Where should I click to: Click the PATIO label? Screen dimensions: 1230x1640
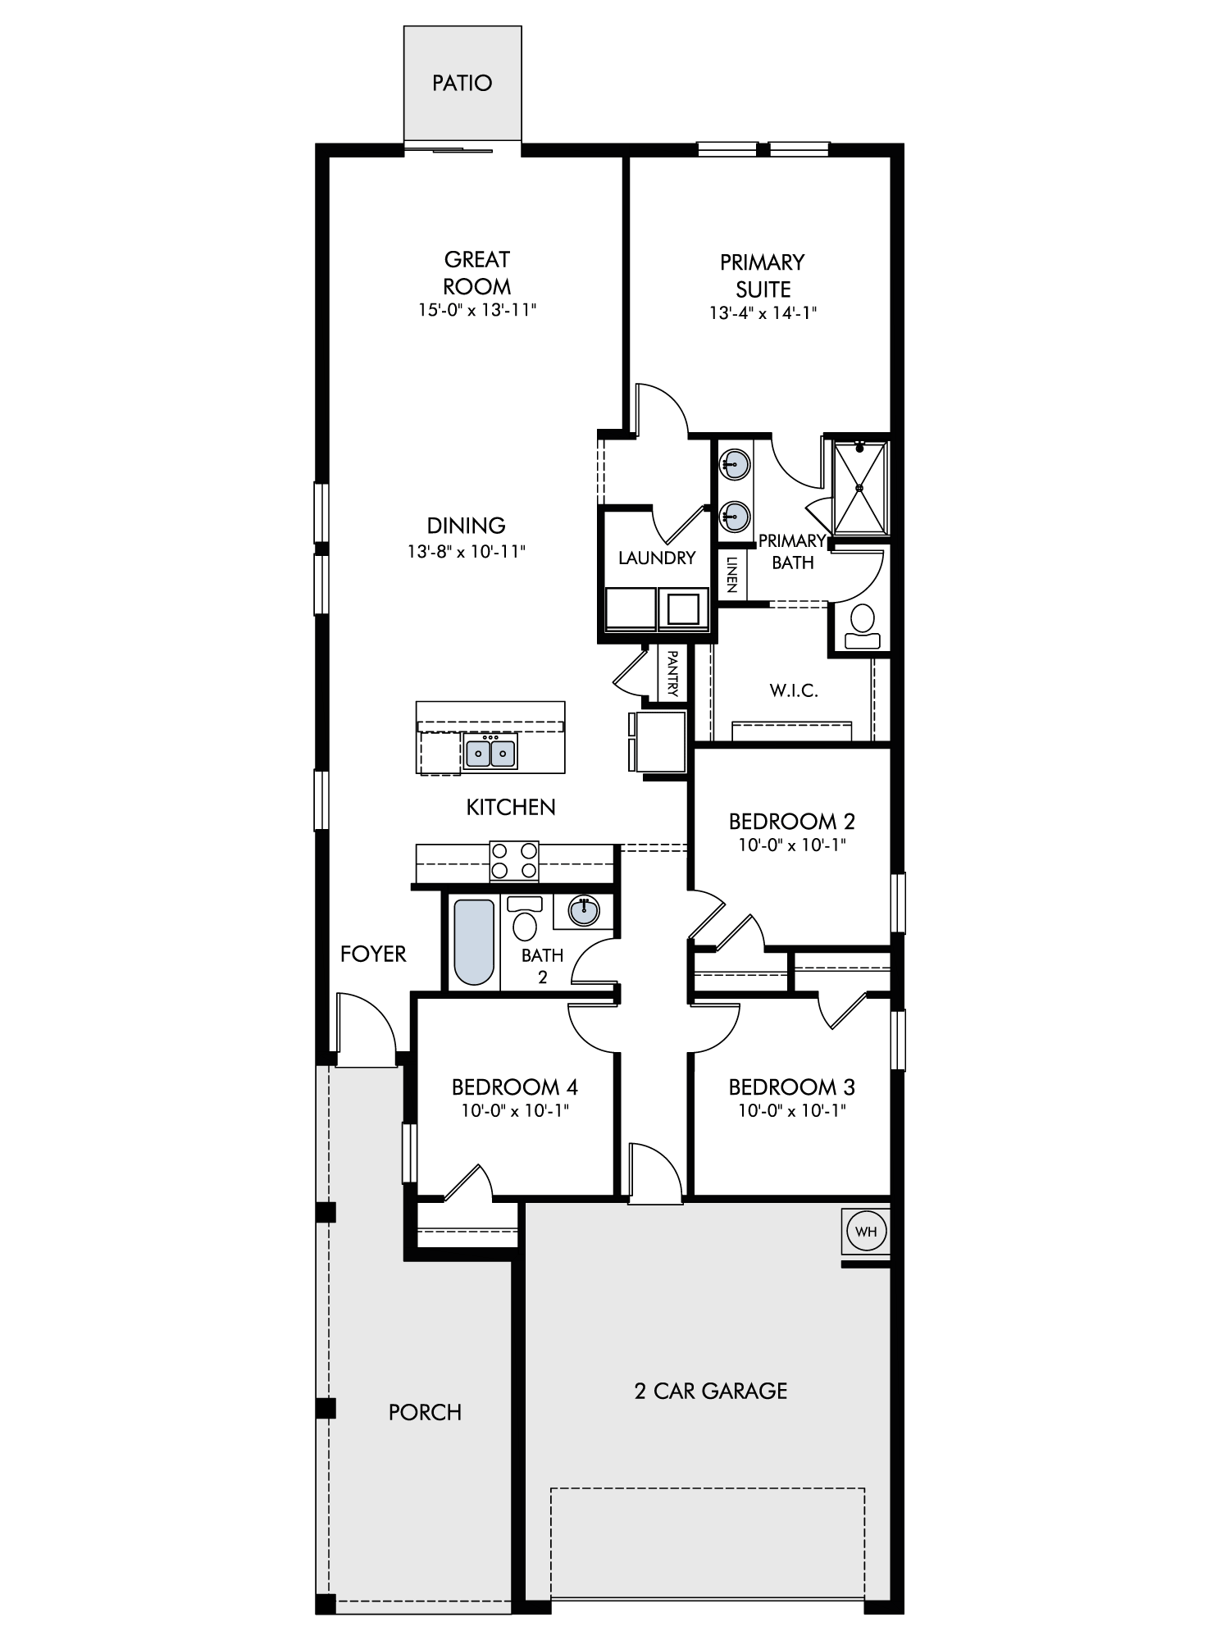tap(462, 83)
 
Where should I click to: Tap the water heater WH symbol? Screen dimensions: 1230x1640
tap(866, 1232)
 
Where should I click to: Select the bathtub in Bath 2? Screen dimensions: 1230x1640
tap(475, 942)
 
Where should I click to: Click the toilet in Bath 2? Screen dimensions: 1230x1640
tap(525, 918)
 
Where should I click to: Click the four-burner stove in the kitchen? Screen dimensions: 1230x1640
tap(514, 861)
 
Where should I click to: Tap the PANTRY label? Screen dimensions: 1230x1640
tap(672, 674)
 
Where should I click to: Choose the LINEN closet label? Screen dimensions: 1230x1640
tap(732, 574)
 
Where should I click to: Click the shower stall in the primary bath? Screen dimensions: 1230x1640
tap(860, 488)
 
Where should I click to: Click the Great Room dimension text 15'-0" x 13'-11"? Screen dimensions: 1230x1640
tap(476, 310)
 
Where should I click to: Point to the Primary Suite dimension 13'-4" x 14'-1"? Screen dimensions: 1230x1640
tap(763, 312)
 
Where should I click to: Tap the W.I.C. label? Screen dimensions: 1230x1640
tap(794, 690)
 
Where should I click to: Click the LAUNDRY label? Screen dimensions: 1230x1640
tap(657, 558)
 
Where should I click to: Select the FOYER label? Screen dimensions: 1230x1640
tap(373, 954)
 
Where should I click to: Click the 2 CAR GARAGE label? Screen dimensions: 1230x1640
tap(711, 1391)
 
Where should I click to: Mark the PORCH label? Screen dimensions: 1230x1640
tap(425, 1412)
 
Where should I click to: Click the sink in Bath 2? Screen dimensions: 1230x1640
tap(584, 910)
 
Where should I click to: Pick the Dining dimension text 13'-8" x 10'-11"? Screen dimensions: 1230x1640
tap(466, 552)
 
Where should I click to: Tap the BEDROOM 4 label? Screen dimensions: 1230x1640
tap(515, 1087)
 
